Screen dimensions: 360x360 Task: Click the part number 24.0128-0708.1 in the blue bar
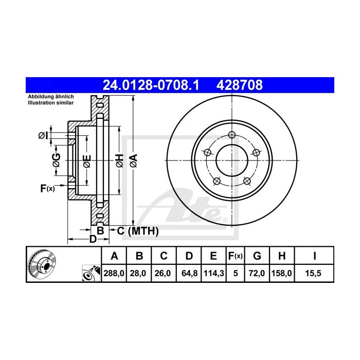point(151,85)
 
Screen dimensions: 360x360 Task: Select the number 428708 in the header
point(240,85)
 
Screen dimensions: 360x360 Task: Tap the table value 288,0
point(114,273)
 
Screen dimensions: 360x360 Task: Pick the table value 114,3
point(214,273)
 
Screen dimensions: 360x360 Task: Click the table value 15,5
point(313,273)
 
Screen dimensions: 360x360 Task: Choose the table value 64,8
point(189,273)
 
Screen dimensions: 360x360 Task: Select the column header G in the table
point(257,256)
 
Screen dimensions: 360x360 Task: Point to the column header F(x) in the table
point(236,256)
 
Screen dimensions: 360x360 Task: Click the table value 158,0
point(281,273)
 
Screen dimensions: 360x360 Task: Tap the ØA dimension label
point(134,160)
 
